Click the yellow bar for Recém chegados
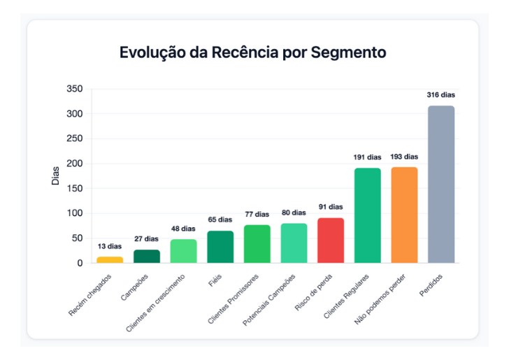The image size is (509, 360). pos(110,259)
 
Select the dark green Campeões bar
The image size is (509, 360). pos(147,256)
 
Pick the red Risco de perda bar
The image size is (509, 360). pos(331,240)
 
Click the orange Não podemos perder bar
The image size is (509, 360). pos(404,215)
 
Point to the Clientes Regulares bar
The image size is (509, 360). pos(368,215)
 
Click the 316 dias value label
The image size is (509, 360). pos(441,95)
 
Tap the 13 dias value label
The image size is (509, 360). pos(110,246)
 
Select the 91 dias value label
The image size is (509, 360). pos(331,207)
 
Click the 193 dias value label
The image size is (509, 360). pos(404,157)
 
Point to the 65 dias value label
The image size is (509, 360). pos(220,220)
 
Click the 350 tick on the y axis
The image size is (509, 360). pos(74,89)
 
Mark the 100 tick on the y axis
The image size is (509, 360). pos(74,213)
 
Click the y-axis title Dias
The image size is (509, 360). pos(56,175)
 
